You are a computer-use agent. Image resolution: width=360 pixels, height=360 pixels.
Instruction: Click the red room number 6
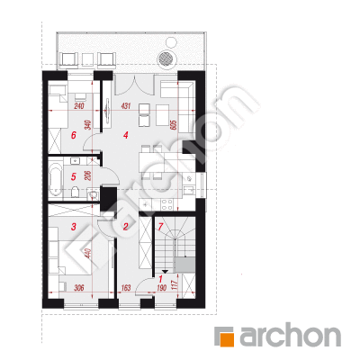[74, 135]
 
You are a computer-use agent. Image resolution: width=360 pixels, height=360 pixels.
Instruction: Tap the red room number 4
[126, 135]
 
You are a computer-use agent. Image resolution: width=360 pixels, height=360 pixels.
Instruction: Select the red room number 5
[74, 177]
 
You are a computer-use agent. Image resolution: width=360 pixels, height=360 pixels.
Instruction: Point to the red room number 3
[74, 227]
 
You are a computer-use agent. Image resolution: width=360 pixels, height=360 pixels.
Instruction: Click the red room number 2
[126, 227]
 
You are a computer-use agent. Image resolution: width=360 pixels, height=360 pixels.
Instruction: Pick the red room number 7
[160, 227]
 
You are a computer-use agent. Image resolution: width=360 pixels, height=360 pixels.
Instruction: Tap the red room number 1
[161, 279]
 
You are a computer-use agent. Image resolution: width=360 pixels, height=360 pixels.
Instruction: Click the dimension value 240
[78, 106]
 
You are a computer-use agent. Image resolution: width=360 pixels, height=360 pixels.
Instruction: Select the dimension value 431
[126, 106]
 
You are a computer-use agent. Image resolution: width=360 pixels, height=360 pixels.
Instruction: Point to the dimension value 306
[78, 288]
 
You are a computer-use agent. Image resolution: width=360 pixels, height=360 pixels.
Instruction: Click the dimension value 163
[126, 288]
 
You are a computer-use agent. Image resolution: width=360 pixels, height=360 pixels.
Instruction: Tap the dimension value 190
[161, 288]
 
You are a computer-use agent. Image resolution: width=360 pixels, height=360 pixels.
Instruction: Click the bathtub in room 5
[55, 178]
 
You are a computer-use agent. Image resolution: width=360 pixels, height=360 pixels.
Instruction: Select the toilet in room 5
[76, 192]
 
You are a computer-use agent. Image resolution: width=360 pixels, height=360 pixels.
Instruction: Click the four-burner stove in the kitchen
[166, 204]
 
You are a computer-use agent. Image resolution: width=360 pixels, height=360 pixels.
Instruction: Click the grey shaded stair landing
[185, 265]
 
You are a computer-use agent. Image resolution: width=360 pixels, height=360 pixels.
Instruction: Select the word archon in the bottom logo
[290, 335]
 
